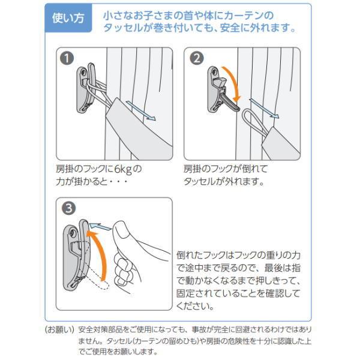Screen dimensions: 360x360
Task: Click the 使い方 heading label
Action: pos(69,19)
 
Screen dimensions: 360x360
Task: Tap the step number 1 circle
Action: pos(67,58)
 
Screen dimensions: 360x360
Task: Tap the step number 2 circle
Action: pos(196,58)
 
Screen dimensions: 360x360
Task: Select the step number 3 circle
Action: pos(68,209)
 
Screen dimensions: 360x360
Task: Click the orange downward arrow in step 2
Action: pos(236,84)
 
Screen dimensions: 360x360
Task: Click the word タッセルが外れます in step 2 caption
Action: pos(223,181)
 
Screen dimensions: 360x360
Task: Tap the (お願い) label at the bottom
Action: pos(59,330)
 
